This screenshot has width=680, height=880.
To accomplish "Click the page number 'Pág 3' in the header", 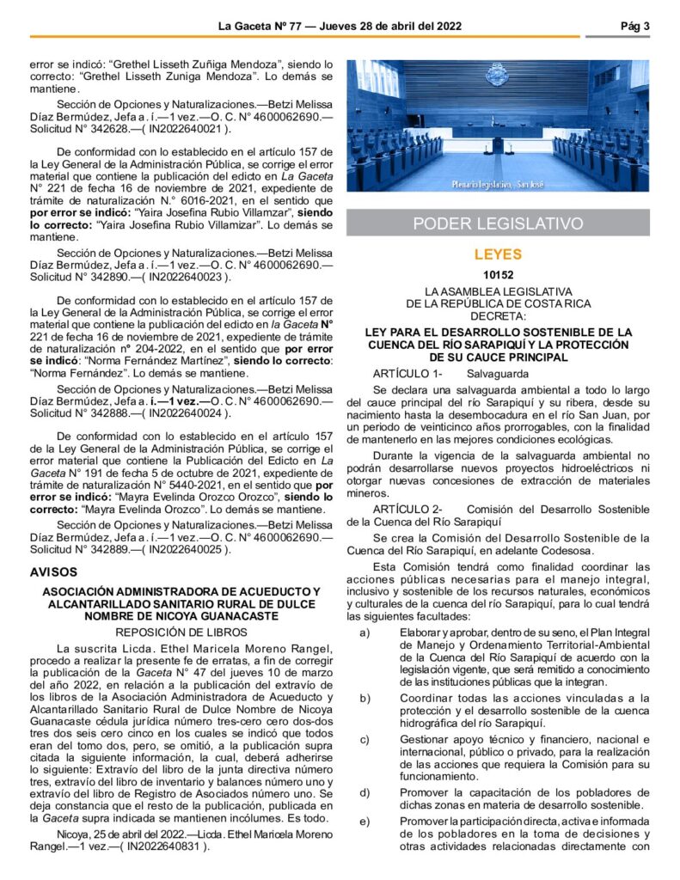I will (634, 26).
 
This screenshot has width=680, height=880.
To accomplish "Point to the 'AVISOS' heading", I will (53, 571).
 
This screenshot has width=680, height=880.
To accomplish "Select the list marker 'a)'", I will (365, 633).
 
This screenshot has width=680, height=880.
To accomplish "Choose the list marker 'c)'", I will (365, 740).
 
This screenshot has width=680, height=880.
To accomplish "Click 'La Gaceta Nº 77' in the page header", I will (260, 26).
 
